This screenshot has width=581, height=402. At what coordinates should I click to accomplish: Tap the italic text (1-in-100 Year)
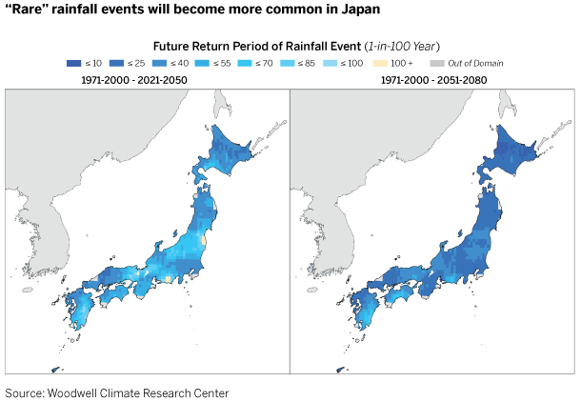pos(383,46)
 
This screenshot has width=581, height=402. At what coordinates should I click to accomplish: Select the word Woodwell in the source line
pos(84,392)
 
